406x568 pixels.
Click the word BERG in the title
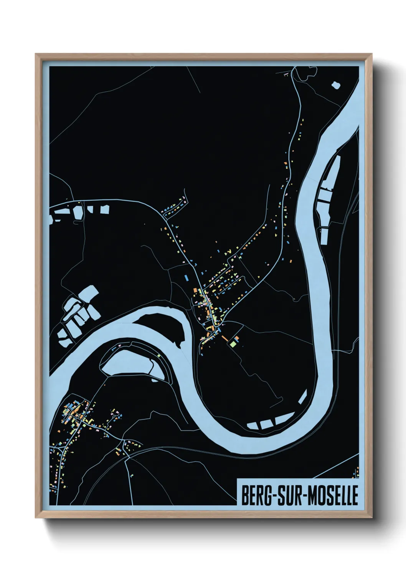256,495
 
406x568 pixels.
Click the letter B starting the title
244,495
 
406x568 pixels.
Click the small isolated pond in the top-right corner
336,84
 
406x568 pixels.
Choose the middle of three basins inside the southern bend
266,424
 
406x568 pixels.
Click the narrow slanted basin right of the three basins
303,398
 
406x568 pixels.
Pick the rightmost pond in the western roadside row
104,209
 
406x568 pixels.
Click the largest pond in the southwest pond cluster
89,296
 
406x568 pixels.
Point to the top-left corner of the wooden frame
36,54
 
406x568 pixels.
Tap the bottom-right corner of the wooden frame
372,518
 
